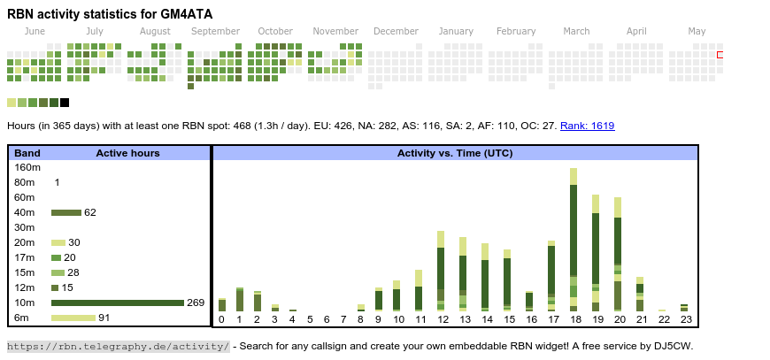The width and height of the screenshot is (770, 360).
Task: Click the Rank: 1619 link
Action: (587, 126)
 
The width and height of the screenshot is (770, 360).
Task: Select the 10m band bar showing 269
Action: (117, 303)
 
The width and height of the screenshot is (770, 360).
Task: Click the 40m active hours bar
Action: (66, 212)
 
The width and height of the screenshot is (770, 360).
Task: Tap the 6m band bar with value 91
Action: (73, 318)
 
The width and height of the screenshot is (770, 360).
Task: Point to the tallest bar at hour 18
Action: (574, 239)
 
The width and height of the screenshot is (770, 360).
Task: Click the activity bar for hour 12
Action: (441, 271)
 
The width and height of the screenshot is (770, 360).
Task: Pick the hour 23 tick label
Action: (684, 320)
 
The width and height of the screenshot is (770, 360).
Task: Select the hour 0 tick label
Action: (221, 320)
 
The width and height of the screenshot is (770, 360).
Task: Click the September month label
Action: (215, 32)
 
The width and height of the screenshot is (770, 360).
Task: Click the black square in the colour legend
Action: (65, 103)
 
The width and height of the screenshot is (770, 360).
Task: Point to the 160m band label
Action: (27, 167)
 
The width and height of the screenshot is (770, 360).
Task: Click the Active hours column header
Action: (127, 153)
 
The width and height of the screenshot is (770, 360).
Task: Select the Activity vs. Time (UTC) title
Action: (455, 153)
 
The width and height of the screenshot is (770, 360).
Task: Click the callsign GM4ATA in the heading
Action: (183, 14)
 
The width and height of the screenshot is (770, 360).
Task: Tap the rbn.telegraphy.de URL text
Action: (119, 346)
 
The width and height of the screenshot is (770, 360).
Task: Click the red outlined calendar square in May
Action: (720, 55)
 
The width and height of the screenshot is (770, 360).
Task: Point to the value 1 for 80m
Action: (57, 182)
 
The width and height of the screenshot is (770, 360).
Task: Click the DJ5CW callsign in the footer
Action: (674, 346)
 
